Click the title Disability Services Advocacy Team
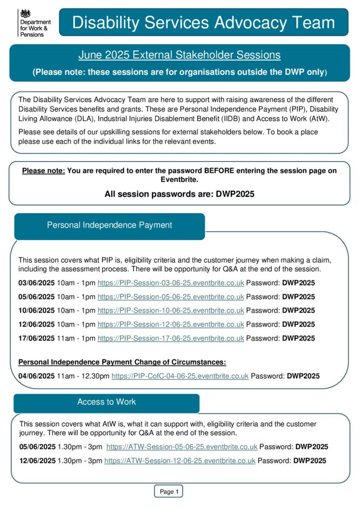coord(203,22)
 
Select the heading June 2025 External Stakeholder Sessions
coord(179,55)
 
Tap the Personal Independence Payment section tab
coord(109,225)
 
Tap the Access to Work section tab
coord(106,402)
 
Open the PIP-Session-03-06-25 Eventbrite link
coord(171,283)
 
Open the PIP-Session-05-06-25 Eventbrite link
coord(171,297)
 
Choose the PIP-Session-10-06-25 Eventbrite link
coord(171,311)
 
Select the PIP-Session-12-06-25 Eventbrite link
coord(171,325)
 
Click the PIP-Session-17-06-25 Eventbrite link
coord(171,339)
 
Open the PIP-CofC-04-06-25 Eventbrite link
coord(180,376)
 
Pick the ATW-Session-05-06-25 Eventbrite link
coord(181,447)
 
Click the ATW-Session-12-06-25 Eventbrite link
coord(180,461)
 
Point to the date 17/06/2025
coord(36,339)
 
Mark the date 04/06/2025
coord(36,376)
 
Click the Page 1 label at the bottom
coord(169,492)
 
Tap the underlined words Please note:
coord(43,171)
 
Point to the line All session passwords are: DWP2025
coord(179,194)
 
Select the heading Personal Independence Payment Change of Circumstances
coord(122,362)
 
